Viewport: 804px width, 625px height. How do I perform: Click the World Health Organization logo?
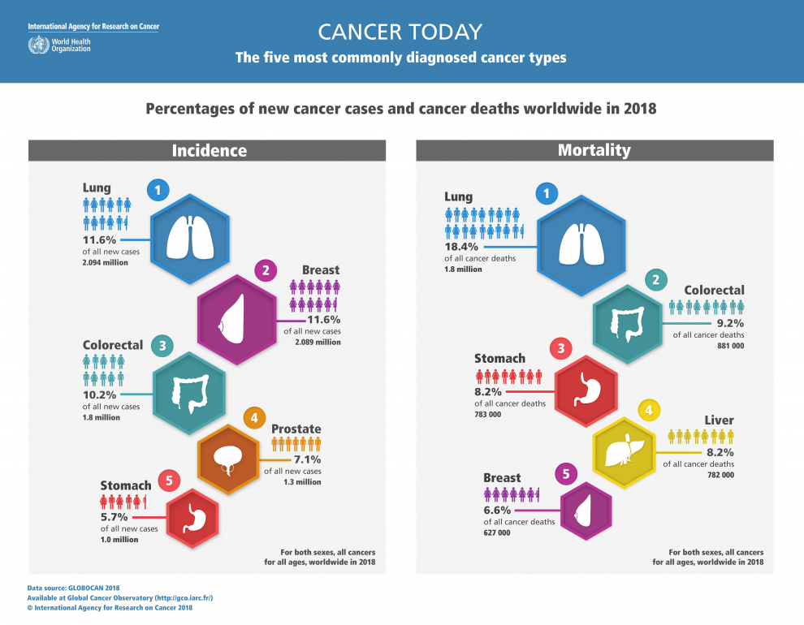[37, 44]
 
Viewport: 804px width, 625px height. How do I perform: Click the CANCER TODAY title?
[400, 32]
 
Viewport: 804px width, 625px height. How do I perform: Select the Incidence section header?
[208, 150]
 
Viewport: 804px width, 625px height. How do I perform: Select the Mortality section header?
[594, 150]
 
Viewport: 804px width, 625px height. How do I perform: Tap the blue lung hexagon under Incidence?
[192, 239]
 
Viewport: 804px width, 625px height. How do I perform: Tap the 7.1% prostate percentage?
[305, 459]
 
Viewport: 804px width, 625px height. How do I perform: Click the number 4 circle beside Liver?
[648, 410]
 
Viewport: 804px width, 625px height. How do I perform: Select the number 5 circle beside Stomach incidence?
[168, 481]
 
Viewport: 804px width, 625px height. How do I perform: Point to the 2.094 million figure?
[106, 264]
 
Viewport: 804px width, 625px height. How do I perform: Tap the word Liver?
[719, 420]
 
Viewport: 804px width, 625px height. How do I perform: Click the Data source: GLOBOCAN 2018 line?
[73, 587]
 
